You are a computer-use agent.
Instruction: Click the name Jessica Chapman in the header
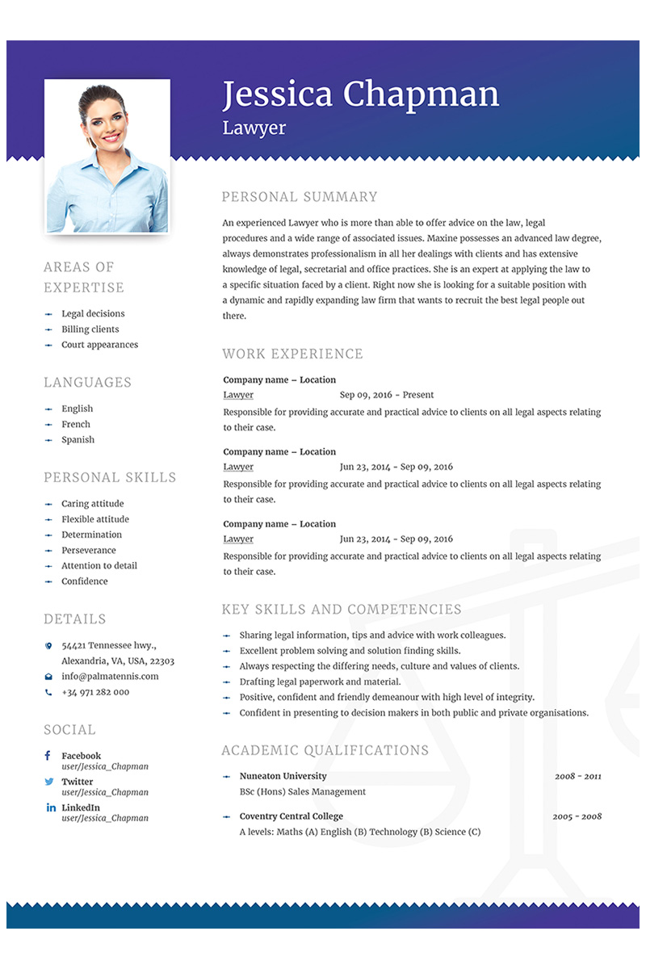click(360, 94)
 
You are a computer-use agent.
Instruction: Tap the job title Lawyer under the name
click(254, 128)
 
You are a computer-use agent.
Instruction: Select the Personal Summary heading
click(300, 196)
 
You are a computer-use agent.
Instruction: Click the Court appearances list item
click(99, 345)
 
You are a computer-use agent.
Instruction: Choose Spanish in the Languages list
click(78, 440)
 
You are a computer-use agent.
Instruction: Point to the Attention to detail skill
click(99, 566)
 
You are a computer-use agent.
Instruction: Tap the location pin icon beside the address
click(48, 646)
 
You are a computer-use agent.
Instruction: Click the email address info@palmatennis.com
click(110, 677)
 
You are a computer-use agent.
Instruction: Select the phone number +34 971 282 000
click(95, 692)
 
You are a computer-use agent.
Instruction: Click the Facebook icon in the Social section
click(48, 756)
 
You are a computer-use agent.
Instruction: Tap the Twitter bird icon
click(49, 782)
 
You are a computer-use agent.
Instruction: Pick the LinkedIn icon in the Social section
click(50, 807)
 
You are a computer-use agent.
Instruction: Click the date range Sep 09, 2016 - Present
click(387, 395)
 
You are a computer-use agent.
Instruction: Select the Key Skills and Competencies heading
click(342, 610)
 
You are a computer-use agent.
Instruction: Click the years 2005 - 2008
click(577, 816)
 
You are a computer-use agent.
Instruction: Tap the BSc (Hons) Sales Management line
click(302, 791)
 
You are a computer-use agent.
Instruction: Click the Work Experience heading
click(292, 354)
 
